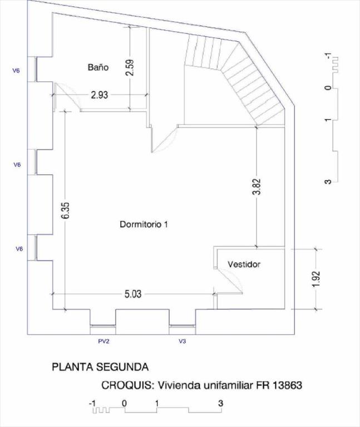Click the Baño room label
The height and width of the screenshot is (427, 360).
pyautogui.click(x=97, y=67)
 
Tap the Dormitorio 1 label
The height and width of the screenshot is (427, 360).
pyautogui.click(x=144, y=225)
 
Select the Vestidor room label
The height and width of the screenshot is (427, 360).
pyautogui.click(x=244, y=265)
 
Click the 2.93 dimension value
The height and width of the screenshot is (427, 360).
pyautogui.click(x=99, y=95)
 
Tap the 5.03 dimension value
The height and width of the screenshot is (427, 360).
pyautogui.click(x=132, y=294)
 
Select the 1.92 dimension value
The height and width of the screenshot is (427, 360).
pyautogui.click(x=316, y=279)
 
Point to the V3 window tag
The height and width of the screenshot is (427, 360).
pyautogui.click(x=182, y=341)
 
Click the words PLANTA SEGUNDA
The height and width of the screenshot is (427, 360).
pyautogui.click(x=100, y=367)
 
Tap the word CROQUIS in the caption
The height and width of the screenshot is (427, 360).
pyautogui.click(x=127, y=385)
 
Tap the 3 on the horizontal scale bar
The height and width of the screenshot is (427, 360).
pyautogui.click(x=221, y=403)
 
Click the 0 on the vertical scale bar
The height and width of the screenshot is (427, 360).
pyautogui.click(x=328, y=88)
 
